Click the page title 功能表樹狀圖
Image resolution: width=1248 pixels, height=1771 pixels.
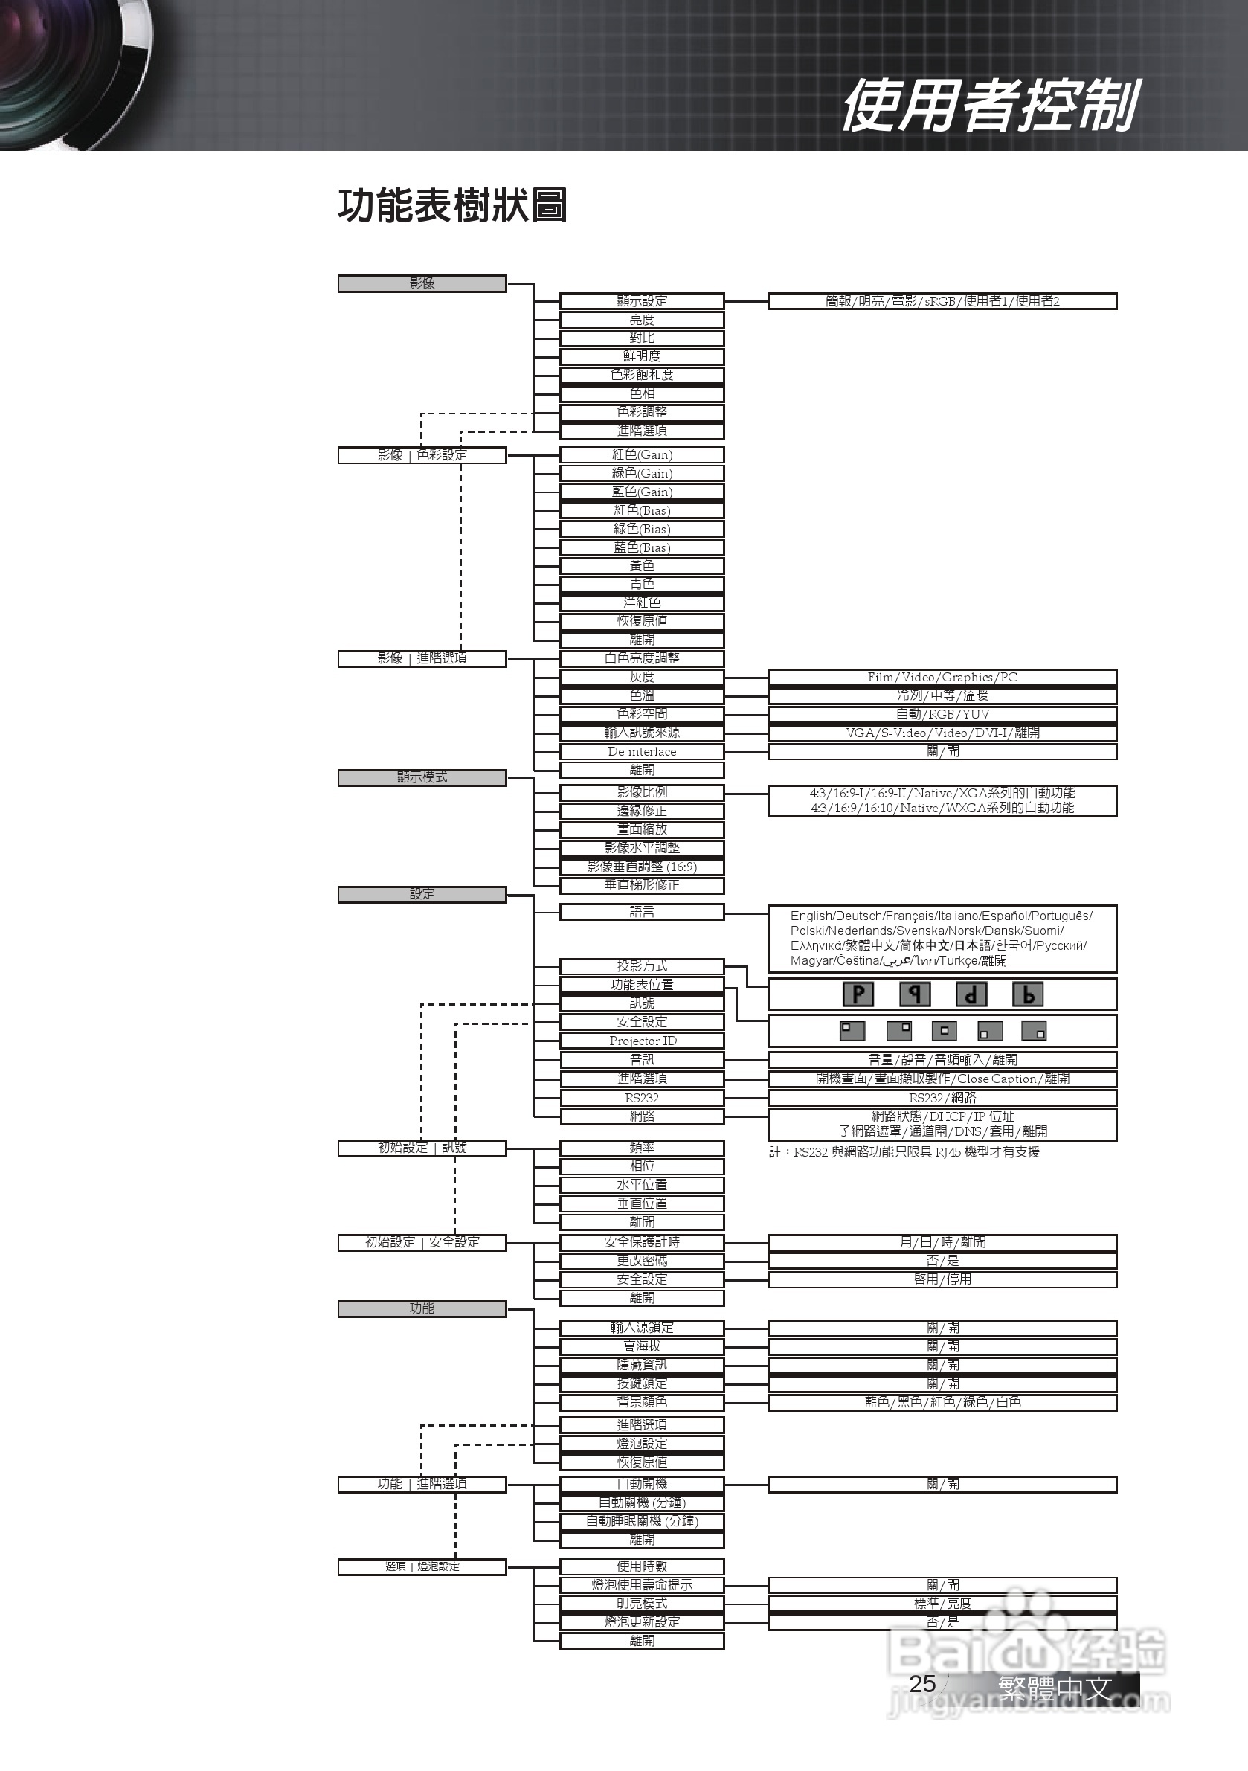(453, 206)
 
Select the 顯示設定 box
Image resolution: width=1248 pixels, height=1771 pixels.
(642, 300)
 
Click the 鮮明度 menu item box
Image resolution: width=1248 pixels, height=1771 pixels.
(642, 356)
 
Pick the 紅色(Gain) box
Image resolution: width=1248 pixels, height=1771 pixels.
(642, 455)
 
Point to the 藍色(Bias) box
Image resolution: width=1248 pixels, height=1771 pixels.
(642, 547)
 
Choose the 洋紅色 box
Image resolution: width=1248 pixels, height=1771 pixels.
(642, 602)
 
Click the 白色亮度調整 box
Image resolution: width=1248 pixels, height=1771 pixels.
(642, 659)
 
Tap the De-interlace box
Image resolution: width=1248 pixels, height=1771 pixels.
(642, 751)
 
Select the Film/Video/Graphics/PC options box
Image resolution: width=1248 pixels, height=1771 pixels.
(942, 678)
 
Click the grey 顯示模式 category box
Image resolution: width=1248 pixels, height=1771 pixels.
(422, 777)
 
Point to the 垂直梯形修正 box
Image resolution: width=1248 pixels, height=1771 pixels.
(642, 885)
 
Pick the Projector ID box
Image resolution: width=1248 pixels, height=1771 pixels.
(642, 1041)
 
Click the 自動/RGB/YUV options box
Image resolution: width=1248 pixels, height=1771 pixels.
(942, 714)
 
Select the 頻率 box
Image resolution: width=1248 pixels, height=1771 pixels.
(642, 1148)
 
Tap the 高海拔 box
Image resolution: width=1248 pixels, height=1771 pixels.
(642, 1347)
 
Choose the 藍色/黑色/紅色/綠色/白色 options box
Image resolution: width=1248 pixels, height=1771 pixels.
(942, 1402)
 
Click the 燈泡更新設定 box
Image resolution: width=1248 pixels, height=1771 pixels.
(642, 1622)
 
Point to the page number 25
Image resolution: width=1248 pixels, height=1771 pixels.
(922, 1684)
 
